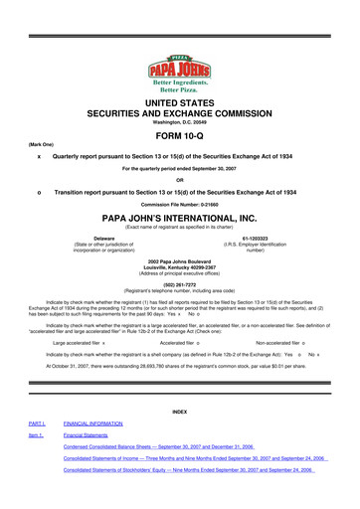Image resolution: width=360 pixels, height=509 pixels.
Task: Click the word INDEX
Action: (179, 413)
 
